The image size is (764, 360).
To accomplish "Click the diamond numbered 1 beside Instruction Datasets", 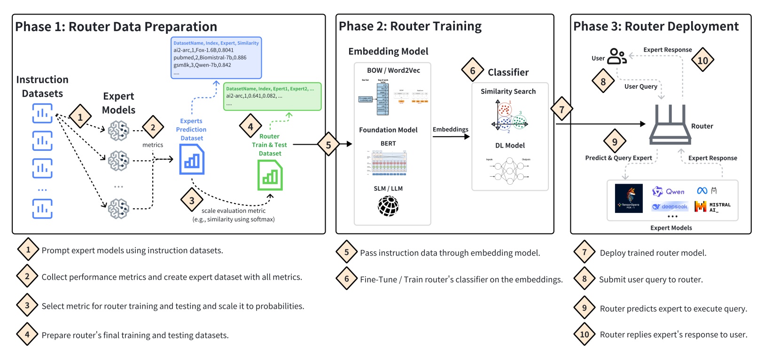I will coord(80,117).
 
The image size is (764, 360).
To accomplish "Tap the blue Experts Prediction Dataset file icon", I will coord(192,159).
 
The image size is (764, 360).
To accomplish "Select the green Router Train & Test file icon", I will coord(270,175).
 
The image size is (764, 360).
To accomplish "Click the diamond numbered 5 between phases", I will coord(328,145).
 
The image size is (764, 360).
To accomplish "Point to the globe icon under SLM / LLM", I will coord(388,206).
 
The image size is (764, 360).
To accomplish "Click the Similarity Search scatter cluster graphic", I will coord(509,116).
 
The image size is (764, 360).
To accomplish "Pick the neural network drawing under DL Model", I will coord(509,172).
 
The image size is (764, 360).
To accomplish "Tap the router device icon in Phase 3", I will coord(670,125).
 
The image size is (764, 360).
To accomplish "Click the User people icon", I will coord(616,56).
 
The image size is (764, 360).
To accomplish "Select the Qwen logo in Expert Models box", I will coord(668,191).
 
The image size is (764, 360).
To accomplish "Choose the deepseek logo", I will coord(670,207).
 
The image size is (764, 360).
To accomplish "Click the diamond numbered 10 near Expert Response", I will coord(702,60).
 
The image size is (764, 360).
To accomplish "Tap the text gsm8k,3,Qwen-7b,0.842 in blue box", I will coord(202,65).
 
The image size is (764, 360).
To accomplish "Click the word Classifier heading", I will coord(508,72).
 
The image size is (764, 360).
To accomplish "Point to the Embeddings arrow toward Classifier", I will coord(451,137).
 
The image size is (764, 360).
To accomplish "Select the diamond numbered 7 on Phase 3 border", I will coord(561,110).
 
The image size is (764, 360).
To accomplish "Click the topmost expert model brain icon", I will coord(118,130).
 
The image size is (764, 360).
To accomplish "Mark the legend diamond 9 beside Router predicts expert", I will coord(585,308).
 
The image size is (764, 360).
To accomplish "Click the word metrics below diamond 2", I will coord(153,145).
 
